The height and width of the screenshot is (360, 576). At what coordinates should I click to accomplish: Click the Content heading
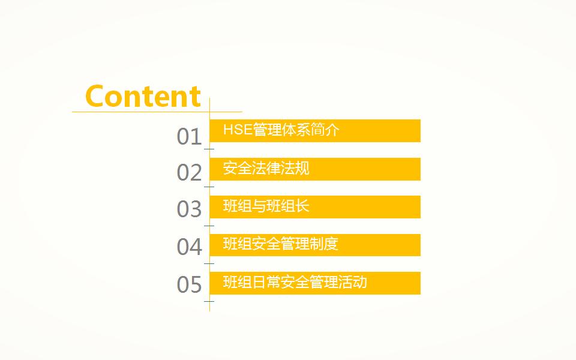click(143, 96)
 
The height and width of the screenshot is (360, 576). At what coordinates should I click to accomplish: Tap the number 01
click(189, 137)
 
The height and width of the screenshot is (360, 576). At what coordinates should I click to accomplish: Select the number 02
click(189, 173)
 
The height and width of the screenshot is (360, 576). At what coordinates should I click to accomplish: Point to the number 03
click(189, 209)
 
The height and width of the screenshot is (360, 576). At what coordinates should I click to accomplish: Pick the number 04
click(189, 247)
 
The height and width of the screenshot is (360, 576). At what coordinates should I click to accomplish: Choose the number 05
click(189, 284)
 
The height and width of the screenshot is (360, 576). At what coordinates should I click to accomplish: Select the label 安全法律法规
click(266, 168)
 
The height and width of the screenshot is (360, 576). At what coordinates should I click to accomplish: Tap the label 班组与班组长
click(266, 206)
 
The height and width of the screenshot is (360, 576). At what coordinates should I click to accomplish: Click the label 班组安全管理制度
click(280, 244)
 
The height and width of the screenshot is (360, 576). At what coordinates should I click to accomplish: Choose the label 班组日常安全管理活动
click(295, 282)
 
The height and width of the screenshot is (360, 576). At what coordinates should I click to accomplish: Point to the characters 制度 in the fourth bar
click(323, 244)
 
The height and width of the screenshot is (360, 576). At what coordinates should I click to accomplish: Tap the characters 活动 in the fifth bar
click(353, 282)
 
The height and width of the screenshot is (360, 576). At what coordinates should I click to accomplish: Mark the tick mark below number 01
click(209, 149)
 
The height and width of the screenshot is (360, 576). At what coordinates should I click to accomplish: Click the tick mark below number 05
click(209, 301)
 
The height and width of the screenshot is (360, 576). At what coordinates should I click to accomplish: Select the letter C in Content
click(94, 96)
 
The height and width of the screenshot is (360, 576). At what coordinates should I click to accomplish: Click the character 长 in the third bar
click(302, 206)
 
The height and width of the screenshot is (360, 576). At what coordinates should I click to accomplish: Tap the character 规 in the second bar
click(302, 168)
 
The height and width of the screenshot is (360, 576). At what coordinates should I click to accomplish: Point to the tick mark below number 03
click(209, 226)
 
